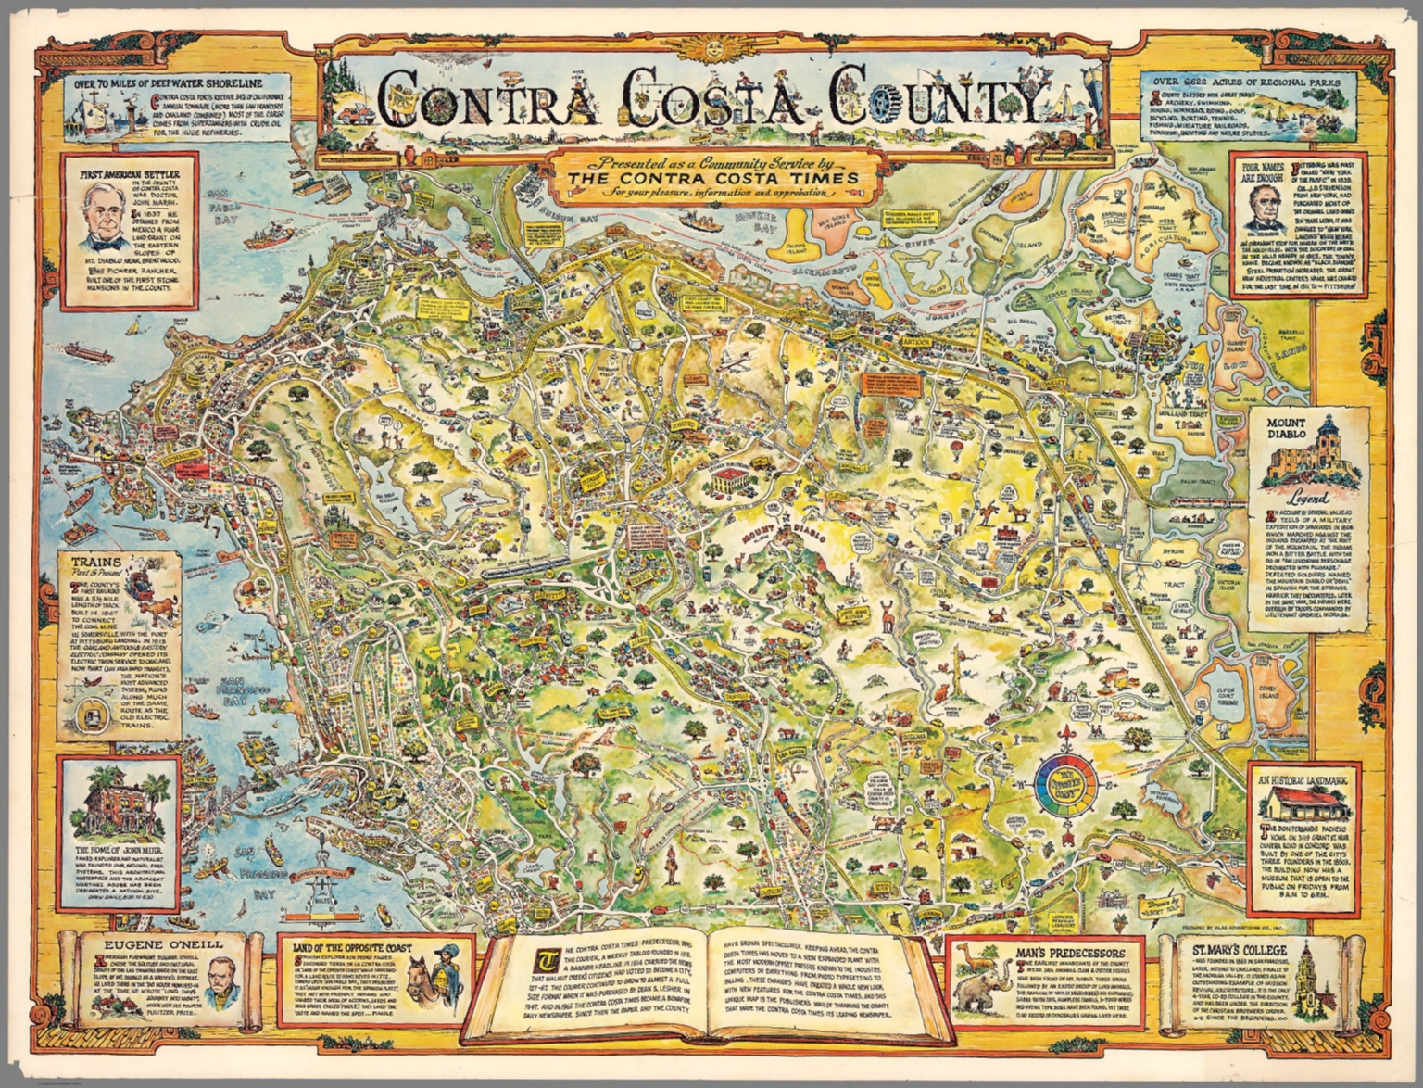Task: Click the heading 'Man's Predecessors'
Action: tap(1072, 952)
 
